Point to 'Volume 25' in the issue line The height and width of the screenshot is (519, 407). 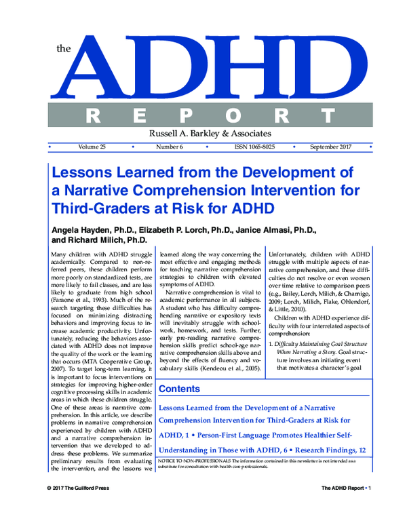coord(92,147)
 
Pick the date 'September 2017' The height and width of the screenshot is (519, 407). coord(331,147)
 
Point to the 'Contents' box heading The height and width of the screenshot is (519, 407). coord(179,389)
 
